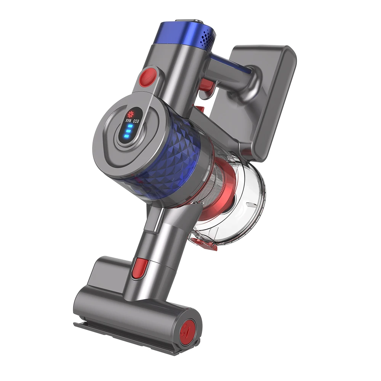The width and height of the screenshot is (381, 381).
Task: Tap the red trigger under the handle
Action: (206, 86)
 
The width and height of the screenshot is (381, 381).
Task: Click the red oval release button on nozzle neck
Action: (140, 267)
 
